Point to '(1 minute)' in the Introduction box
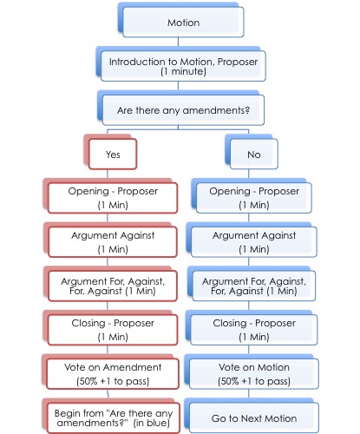(x=183, y=71)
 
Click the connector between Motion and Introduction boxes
(x=178, y=42)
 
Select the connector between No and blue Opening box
(x=249, y=174)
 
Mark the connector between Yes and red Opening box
(x=108, y=174)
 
